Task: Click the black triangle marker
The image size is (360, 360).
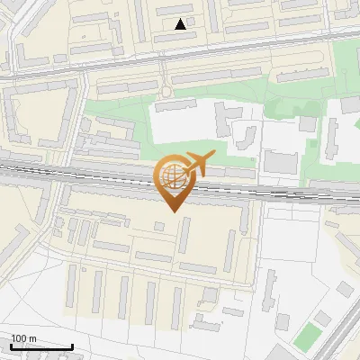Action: coord(181,24)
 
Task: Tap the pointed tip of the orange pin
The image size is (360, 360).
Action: coord(173,211)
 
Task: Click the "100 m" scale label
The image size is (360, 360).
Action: coord(24,338)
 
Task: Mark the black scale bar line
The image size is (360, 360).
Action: coord(41,346)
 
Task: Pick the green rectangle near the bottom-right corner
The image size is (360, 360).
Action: coord(308,337)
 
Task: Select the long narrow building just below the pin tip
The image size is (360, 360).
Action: coord(184,235)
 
